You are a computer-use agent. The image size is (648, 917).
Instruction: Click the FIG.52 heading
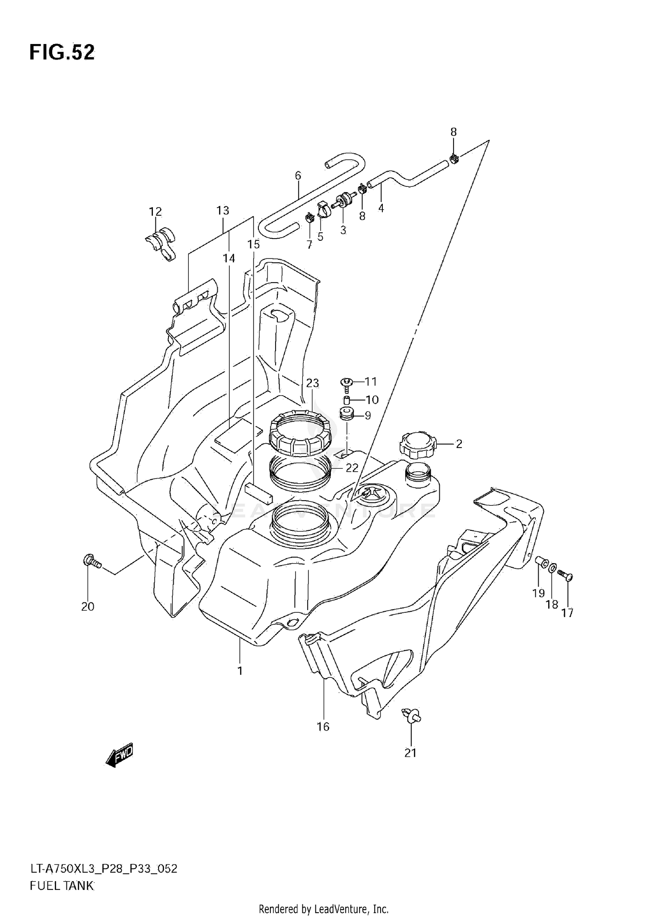(x=62, y=52)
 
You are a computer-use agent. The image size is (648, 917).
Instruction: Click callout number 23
(x=312, y=383)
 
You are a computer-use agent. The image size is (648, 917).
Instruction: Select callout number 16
(x=323, y=727)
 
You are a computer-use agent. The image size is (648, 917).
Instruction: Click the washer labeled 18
(x=553, y=570)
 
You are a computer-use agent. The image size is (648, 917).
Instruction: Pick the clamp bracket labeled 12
(x=160, y=244)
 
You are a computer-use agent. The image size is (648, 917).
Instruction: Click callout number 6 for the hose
(x=298, y=176)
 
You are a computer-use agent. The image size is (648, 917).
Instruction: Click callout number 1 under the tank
(x=240, y=671)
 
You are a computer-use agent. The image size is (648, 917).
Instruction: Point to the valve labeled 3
(x=344, y=201)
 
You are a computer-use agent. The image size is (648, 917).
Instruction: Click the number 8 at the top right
(x=453, y=132)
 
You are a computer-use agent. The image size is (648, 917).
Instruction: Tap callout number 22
(x=352, y=468)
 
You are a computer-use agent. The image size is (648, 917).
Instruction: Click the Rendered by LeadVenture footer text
(x=324, y=909)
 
